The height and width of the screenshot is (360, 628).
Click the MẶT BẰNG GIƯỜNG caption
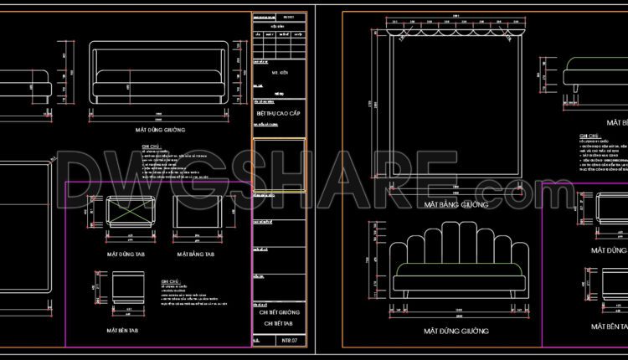(456, 204)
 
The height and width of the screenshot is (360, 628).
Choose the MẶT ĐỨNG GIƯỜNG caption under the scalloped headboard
(456, 332)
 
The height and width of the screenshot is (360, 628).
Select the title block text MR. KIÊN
(279, 74)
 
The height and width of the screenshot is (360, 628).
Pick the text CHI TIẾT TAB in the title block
(279, 321)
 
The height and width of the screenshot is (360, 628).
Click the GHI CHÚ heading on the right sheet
(589, 136)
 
